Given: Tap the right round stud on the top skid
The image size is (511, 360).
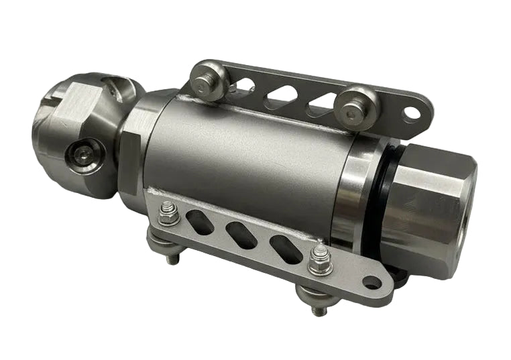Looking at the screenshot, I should pyautogui.click(x=350, y=104).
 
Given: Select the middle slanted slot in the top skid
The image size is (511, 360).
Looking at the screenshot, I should pyautogui.click(x=278, y=98).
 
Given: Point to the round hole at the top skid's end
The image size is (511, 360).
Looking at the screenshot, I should pyautogui.click(x=412, y=113).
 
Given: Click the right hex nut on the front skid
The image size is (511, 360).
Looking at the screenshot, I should pyautogui.click(x=320, y=259).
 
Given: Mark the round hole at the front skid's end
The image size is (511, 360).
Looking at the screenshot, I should pyautogui.click(x=372, y=282).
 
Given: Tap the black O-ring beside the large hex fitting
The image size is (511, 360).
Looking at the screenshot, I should pyautogui.click(x=379, y=201).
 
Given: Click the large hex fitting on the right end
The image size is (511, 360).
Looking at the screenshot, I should pyautogui.click(x=429, y=208).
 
